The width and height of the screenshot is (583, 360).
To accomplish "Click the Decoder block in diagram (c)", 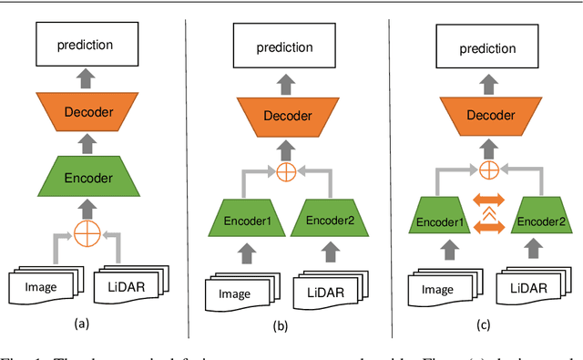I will (x=488, y=116).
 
